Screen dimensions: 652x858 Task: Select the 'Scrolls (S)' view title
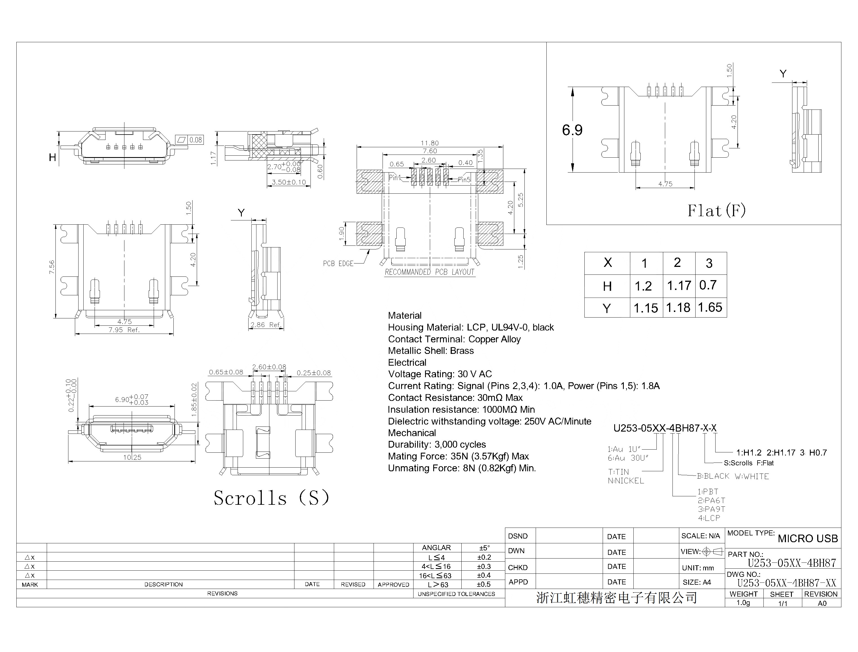(x=271, y=498)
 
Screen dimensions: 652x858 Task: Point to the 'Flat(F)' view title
(x=716, y=211)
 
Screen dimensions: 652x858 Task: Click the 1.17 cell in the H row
(x=679, y=286)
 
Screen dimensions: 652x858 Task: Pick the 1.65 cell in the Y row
(x=710, y=307)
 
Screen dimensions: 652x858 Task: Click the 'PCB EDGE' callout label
(x=338, y=264)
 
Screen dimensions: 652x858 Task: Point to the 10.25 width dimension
(x=132, y=457)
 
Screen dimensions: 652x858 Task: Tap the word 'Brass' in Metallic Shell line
(x=462, y=351)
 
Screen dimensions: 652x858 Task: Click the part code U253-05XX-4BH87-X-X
(x=664, y=428)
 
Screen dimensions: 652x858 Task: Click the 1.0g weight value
(x=743, y=603)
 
